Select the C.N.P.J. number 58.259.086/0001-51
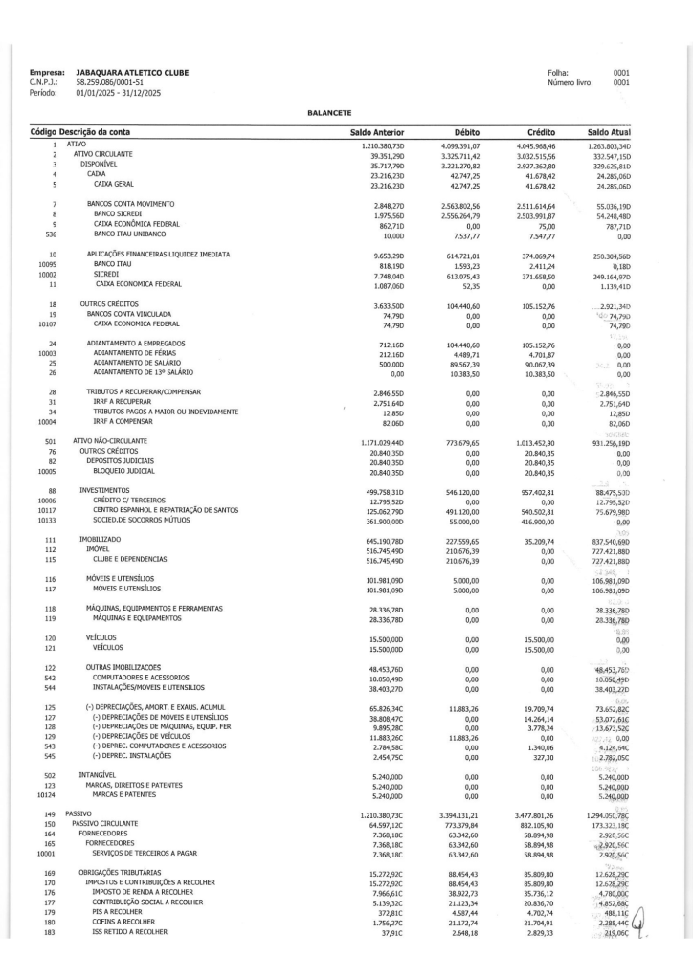(x=102, y=82)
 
